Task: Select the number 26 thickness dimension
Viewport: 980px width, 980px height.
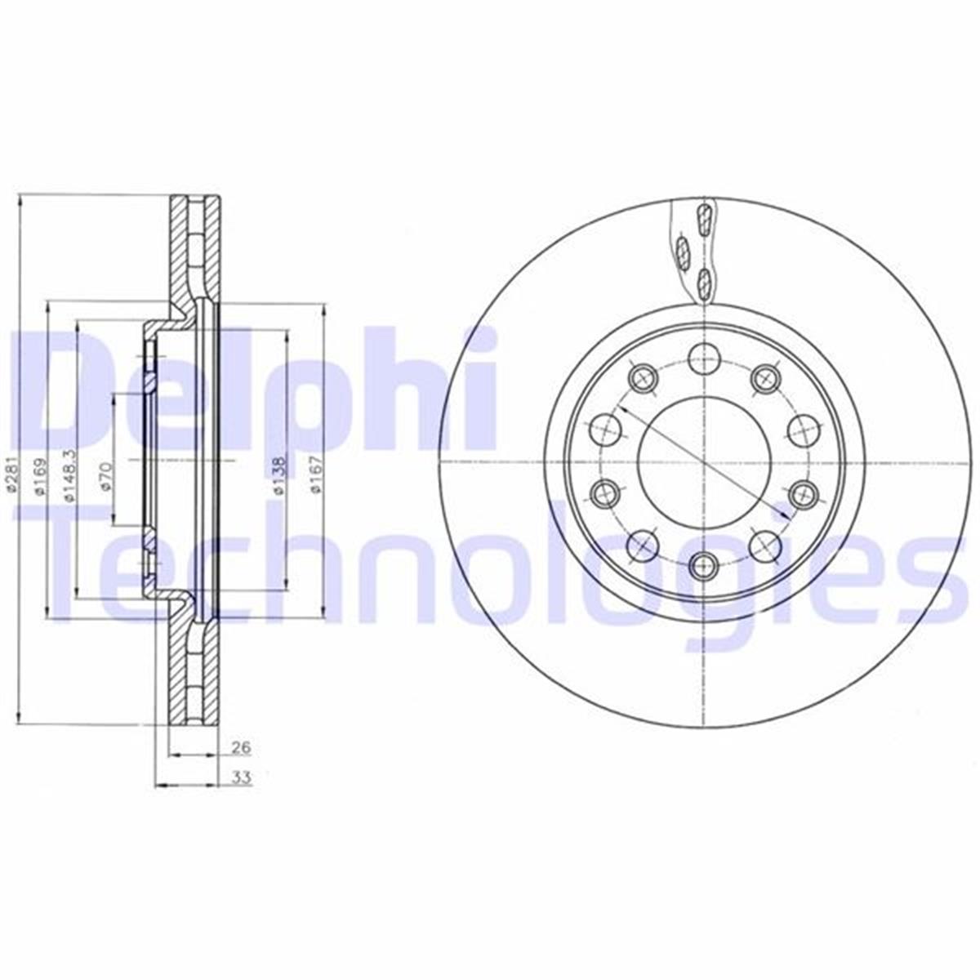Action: click(240, 746)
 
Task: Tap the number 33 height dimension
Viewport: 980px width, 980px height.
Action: click(241, 777)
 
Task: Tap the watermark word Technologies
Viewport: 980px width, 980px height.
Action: click(490, 563)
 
